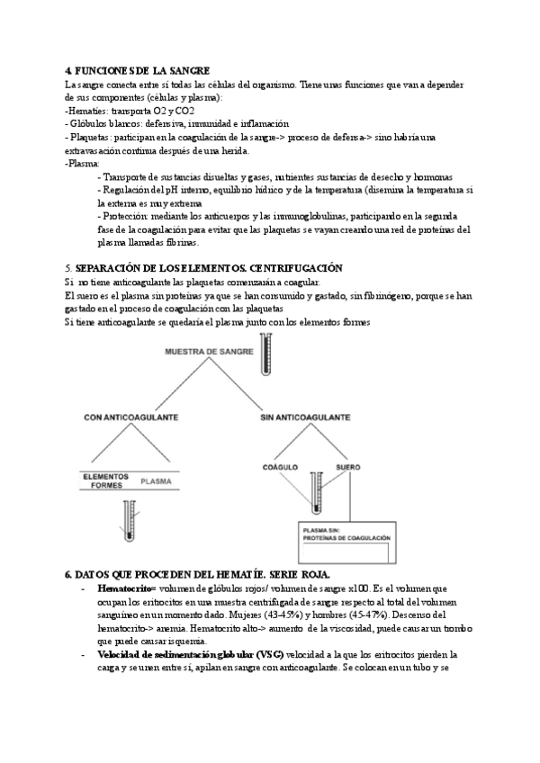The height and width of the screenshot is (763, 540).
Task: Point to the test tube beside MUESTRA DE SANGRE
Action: pyautogui.click(x=265, y=355)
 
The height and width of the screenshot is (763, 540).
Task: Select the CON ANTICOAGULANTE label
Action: pyautogui.click(x=130, y=417)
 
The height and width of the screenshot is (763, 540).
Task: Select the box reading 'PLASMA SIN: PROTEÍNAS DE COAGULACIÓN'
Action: pyautogui.click(x=346, y=534)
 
